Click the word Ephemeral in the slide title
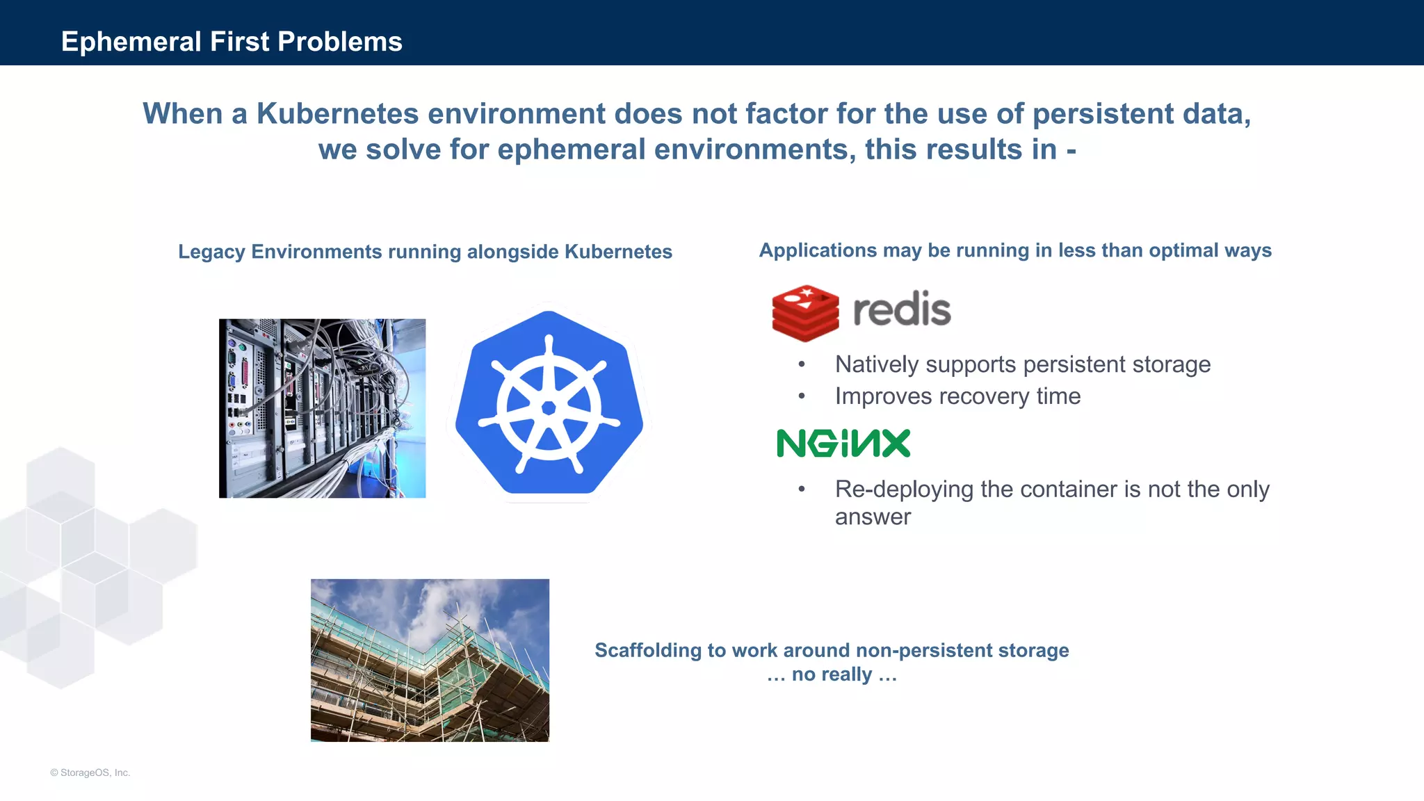point(131,42)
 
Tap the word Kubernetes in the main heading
point(337,114)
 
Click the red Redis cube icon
point(805,312)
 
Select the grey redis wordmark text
point(902,309)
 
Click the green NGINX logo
point(843,443)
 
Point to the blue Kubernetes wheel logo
point(549,403)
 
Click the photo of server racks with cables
point(322,408)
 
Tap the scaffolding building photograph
point(430,660)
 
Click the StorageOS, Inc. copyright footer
point(90,772)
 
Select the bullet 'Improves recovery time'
point(957,396)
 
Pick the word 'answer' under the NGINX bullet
point(873,517)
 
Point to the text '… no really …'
point(832,674)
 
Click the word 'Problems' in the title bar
point(340,42)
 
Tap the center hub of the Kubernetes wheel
point(549,408)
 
